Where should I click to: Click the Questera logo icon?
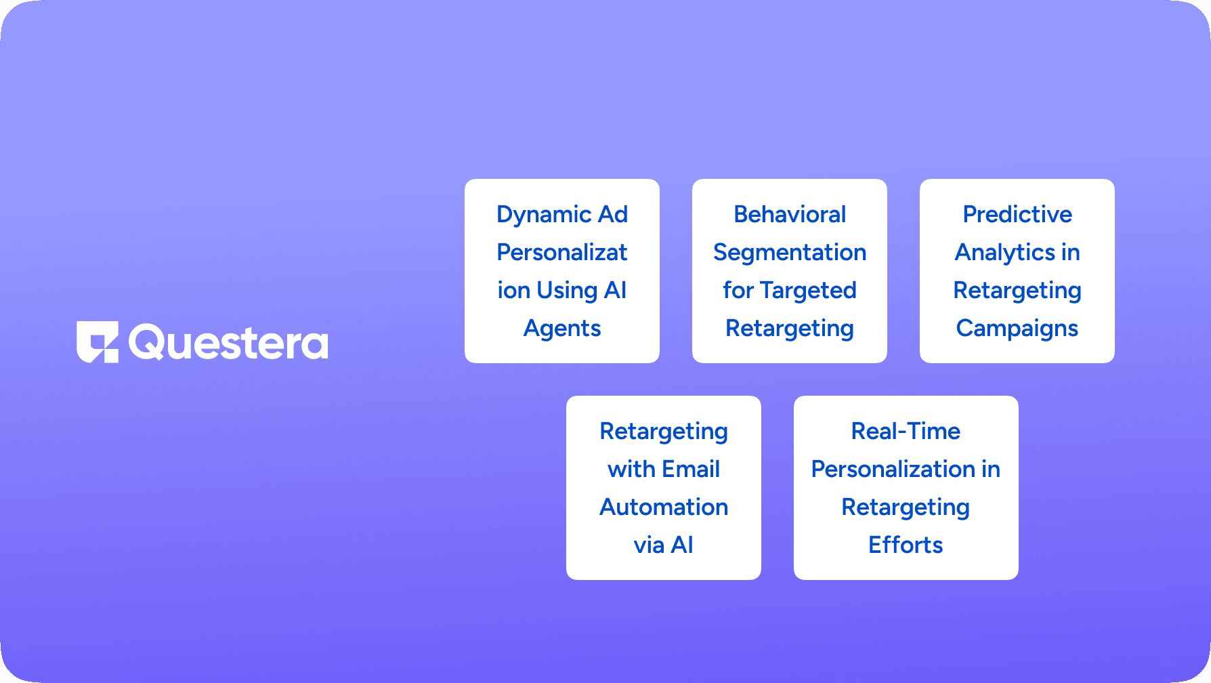tap(98, 341)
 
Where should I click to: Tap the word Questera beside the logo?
tap(228, 343)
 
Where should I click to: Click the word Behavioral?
tap(790, 215)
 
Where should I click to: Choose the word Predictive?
tap(1017, 215)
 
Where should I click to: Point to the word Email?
tap(691, 469)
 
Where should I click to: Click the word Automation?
tap(664, 508)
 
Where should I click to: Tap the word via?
tap(649, 545)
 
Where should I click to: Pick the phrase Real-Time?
tap(906, 432)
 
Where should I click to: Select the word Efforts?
tap(906, 545)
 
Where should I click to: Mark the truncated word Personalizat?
tap(562, 253)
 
